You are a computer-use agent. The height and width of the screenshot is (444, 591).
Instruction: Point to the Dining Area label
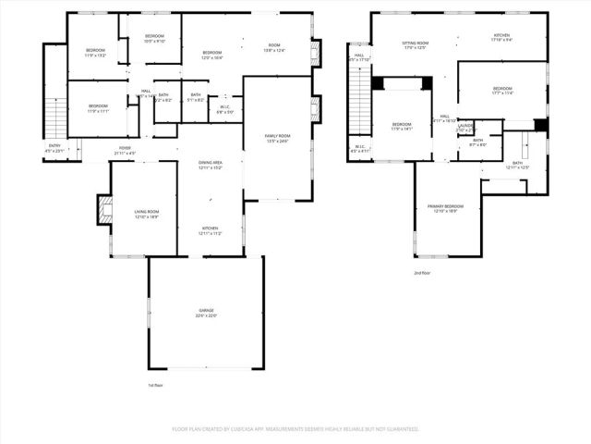tap(211, 162)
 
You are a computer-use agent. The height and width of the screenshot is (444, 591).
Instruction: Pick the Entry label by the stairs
tap(55, 145)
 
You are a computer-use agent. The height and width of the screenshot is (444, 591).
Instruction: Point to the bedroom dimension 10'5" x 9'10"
tap(154, 41)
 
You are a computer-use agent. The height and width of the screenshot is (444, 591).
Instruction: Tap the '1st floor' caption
tap(156, 385)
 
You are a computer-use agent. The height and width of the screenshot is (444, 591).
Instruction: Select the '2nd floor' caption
tap(422, 273)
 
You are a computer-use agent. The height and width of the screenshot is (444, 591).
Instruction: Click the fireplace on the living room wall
tap(104, 210)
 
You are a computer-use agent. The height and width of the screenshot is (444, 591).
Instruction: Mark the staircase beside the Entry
tap(56, 116)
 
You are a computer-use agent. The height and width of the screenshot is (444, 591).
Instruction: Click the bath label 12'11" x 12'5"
tap(517, 167)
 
